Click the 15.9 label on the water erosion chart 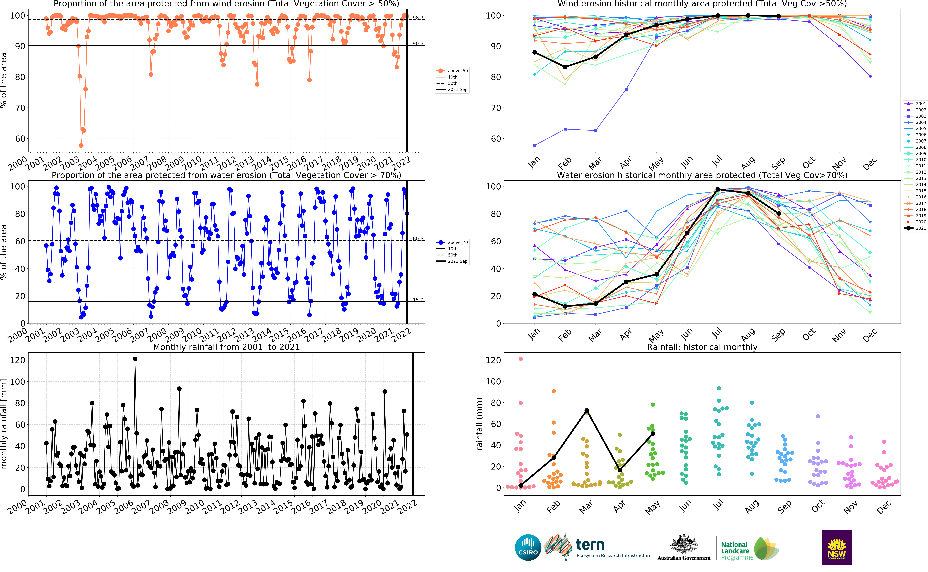click(x=418, y=300)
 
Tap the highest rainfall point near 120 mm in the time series click(x=135, y=359)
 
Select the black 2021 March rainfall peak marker click(x=587, y=410)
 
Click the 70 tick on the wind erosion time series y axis click(x=20, y=108)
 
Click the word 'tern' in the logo click(x=590, y=545)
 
